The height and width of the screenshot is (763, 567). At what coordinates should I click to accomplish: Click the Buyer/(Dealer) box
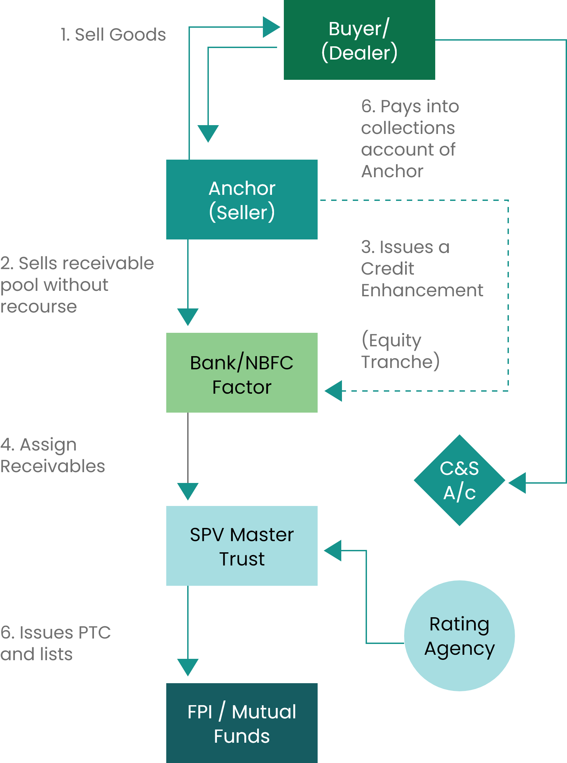point(359,40)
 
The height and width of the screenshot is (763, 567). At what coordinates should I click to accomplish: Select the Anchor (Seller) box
point(242,200)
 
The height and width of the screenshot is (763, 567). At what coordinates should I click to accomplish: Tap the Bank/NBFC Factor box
point(242,373)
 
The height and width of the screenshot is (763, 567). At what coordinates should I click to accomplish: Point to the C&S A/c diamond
point(459,480)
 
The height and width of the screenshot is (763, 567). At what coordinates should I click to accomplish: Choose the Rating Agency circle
point(459,635)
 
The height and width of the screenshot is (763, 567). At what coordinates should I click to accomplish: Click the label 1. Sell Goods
point(113,35)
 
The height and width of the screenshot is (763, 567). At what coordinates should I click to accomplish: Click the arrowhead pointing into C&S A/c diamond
point(518,483)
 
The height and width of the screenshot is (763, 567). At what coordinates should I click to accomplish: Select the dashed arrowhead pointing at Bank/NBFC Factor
point(334,391)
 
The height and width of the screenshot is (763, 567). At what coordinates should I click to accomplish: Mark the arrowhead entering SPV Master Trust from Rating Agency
point(333,550)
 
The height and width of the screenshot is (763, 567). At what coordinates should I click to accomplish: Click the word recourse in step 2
point(39,307)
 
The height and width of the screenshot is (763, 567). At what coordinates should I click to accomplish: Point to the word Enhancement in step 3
point(422,290)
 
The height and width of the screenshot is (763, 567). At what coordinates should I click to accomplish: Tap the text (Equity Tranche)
point(400,350)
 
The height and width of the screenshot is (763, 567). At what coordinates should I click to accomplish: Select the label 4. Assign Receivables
point(52,455)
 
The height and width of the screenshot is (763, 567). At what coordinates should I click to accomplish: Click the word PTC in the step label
point(94,632)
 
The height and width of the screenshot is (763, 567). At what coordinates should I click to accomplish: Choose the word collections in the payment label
point(408,128)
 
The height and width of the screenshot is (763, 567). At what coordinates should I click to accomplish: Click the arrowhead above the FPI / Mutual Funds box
point(188,667)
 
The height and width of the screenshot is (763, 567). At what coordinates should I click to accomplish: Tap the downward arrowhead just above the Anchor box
point(208,133)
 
